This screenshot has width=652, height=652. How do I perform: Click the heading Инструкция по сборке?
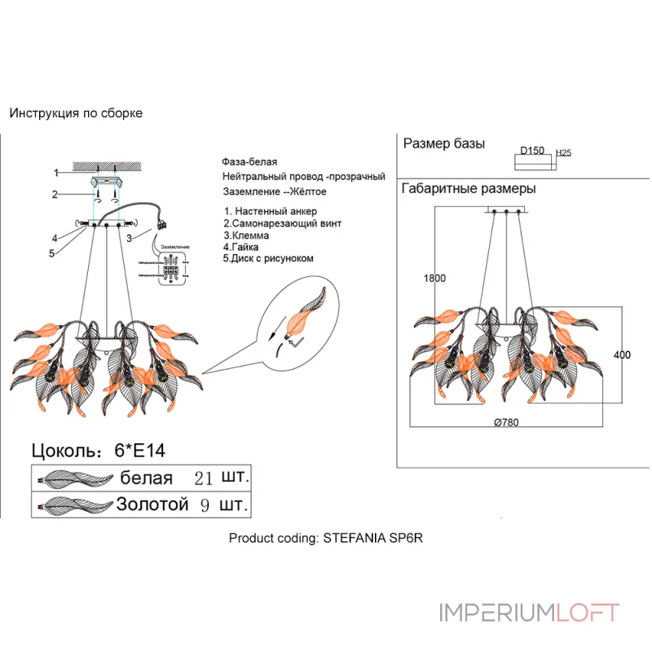[x=76, y=113]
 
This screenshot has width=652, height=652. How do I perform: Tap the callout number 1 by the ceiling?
[x=56, y=173]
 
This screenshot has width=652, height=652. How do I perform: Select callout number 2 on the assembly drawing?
[x=55, y=194]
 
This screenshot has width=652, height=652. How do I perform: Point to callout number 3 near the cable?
[x=130, y=237]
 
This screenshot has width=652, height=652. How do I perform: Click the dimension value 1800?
[x=434, y=278]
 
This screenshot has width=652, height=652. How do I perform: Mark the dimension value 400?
[x=622, y=355]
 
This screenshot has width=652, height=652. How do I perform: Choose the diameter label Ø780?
[x=506, y=422]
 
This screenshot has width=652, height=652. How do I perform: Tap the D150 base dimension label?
[x=532, y=151]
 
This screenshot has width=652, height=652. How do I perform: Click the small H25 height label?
[x=562, y=152]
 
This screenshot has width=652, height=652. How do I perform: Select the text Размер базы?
[x=444, y=144]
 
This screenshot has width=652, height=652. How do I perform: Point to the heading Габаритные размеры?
[x=469, y=189]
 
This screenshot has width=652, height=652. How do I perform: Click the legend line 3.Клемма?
[x=246, y=235]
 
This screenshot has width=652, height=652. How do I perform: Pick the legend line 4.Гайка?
[x=242, y=246]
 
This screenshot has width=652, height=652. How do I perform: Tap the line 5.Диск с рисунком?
[x=268, y=258]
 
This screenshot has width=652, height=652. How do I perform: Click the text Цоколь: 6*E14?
[x=104, y=450]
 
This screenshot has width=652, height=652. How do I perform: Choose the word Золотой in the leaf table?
[x=153, y=504]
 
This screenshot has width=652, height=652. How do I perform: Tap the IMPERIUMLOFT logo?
[x=529, y=613]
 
